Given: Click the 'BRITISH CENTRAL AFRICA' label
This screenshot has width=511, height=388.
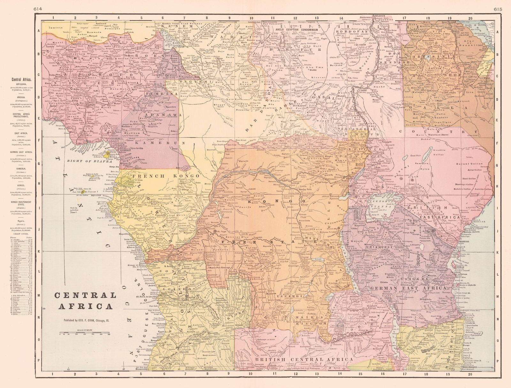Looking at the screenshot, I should click(303, 360).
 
